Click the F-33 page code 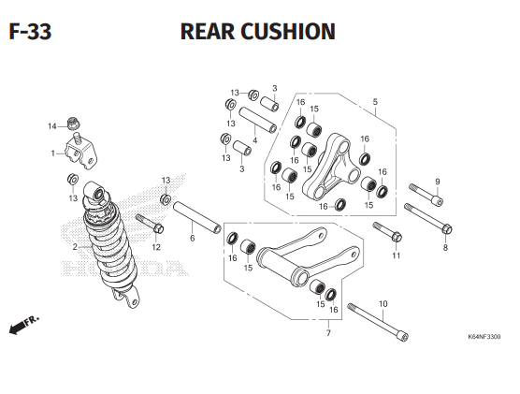coord(30,32)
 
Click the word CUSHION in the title coord(288,32)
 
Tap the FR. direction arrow coord(24,325)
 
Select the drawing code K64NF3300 coord(484,337)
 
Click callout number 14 coord(52,126)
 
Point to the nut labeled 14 coord(74,124)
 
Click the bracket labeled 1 coord(81,151)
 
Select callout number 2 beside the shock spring coord(75,247)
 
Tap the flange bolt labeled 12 coord(150,223)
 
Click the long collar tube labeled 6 coord(197,217)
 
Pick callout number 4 coord(254,140)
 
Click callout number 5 coord(375,102)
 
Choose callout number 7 coord(328,333)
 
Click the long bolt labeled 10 coord(378,322)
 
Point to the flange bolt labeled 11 coord(387,231)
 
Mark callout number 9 coord(438,182)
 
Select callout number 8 coord(445,247)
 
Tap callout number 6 coord(193,238)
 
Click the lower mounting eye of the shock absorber coord(130,298)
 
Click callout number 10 coord(383,304)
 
